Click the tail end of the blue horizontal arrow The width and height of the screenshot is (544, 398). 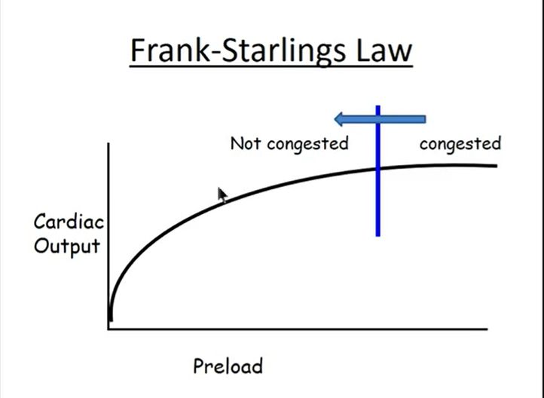coord(425,118)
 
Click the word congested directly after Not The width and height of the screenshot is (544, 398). coord(310,143)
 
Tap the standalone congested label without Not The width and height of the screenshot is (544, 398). coord(460,143)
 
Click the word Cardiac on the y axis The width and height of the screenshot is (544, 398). coord(69,223)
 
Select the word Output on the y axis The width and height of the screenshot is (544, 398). coord(67,246)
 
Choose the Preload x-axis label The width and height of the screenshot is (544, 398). coord(228,367)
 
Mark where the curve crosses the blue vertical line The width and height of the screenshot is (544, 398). coord(377,168)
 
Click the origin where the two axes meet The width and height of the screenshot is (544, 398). coord(110,328)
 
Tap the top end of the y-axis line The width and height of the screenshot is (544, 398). coord(109,143)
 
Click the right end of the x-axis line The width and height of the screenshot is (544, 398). coord(487,328)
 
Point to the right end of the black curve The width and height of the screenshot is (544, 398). coord(497,165)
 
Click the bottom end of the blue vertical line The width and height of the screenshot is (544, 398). coord(377,235)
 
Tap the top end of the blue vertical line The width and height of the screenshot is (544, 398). coord(377,107)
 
